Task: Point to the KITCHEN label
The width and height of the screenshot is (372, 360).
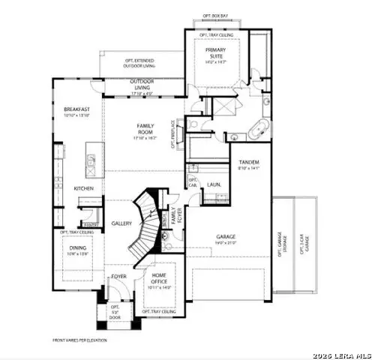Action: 82,188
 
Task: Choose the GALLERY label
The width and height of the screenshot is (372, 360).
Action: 121,223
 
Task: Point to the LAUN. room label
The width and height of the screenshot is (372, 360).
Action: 213,183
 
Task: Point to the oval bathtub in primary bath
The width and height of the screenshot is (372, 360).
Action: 244,127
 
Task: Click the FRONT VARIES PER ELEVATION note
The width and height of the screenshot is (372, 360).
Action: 79,340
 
